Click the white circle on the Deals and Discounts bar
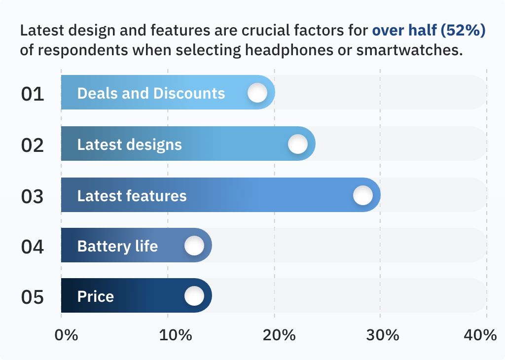[257, 93]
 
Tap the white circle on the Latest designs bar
[298, 144]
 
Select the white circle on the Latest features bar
[363, 195]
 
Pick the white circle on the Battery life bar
[194, 246]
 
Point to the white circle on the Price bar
[194, 296]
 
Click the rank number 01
[33, 94]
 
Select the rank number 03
[32, 196]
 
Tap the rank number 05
[32, 297]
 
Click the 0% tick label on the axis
[67, 335]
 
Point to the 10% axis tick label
[176, 335]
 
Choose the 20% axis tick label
[279, 335]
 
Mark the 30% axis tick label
[383, 335]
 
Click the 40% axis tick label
[480, 335]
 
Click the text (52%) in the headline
[463, 31]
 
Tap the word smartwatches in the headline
[409, 50]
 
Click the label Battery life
[117, 247]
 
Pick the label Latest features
[132, 196]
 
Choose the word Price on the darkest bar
[96, 296]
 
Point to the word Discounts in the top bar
[189, 93]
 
